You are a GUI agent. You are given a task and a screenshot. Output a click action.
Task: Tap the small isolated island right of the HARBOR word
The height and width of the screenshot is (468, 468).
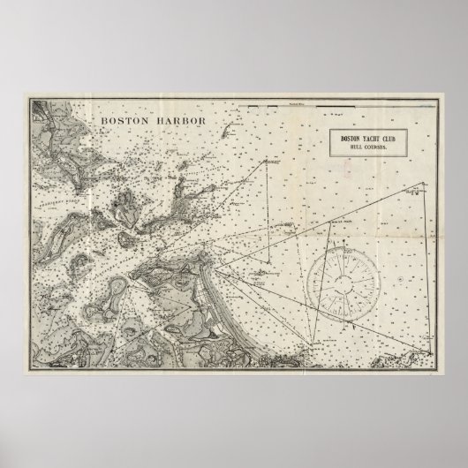pyautogui.click(x=226, y=132)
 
